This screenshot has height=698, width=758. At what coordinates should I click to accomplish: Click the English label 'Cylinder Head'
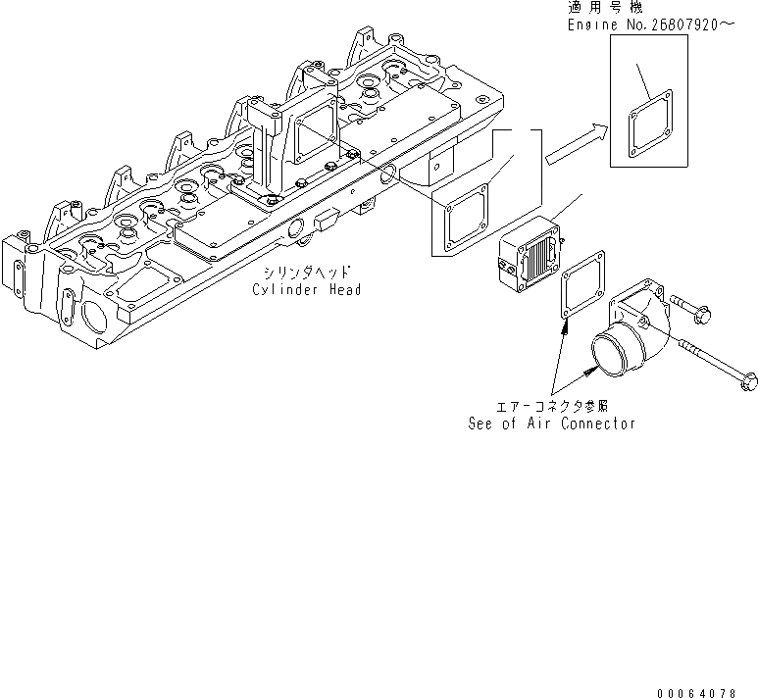click(x=306, y=290)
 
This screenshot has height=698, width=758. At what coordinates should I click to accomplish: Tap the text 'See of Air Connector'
click(x=551, y=424)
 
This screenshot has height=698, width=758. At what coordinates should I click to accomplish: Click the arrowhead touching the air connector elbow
click(x=591, y=370)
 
